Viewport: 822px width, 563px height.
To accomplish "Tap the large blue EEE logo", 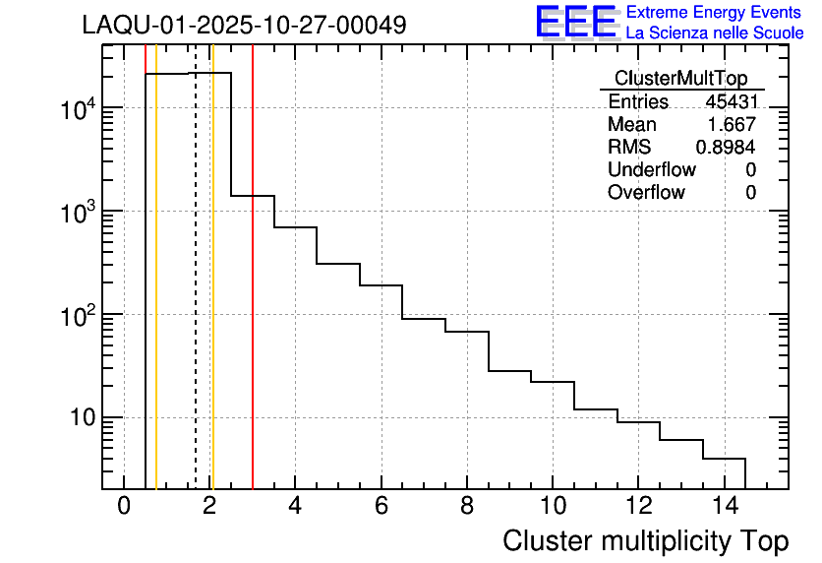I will [576, 22].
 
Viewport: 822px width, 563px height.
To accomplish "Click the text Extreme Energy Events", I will [706, 13].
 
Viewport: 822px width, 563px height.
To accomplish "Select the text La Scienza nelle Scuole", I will [715, 33].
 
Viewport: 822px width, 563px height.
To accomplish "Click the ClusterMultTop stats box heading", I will [680, 79].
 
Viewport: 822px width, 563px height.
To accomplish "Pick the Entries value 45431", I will [731, 102].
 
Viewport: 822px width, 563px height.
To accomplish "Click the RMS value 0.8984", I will [727, 148].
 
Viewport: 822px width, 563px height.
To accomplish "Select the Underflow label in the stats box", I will [651, 169].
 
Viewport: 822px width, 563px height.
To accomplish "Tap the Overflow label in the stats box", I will [646, 192].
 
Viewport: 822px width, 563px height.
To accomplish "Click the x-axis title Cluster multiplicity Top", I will [645, 541].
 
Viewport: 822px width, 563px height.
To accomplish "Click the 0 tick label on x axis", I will [124, 507].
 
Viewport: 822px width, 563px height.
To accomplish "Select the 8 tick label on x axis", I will [466, 507].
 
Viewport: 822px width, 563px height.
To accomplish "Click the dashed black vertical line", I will [196, 295].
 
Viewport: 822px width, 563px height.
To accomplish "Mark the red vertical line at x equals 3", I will [253, 295].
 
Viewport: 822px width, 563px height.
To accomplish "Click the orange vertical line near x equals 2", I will [212, 295].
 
